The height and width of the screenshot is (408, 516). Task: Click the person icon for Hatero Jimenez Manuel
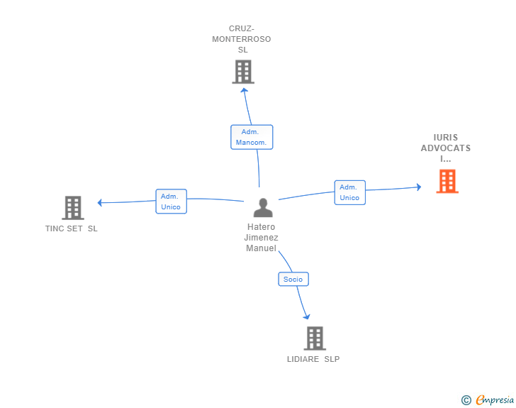[x=263, y=208]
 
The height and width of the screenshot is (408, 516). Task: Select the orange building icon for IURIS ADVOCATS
[x=447, y=181]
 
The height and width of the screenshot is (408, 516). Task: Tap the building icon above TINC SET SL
[x=73, y=208]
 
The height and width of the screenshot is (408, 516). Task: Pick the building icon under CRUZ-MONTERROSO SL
[x=243, y=72]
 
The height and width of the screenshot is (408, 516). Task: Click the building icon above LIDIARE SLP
[x=315, y=338]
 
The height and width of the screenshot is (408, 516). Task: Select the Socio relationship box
[x=293, y=279]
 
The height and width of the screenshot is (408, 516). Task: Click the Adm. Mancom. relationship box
[x=252, y=137]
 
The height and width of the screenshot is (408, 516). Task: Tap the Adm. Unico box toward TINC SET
[x=171, y=202]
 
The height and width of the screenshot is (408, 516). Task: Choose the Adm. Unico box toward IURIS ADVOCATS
[x=350, y=192]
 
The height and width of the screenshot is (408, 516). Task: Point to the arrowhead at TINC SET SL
[x=99, y=203]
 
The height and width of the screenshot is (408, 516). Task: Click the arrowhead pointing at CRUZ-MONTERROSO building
[x=244, y=89]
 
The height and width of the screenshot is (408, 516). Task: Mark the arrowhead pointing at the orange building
[x=419, y=187]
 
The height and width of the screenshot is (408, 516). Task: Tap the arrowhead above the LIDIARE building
[x=307, y=317]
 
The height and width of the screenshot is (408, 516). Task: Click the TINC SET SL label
[x=72, y=228]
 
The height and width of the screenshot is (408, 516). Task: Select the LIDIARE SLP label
[x=313, y=359]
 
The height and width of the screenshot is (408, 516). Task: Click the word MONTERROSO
[x=242, y=39]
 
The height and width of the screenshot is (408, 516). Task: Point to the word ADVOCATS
[x=446, y=148]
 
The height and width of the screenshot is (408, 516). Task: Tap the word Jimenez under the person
[x=262, y=238]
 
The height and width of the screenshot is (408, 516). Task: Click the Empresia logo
[x=495, y=400]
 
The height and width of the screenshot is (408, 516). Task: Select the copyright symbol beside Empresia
[x=466, y=400]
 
